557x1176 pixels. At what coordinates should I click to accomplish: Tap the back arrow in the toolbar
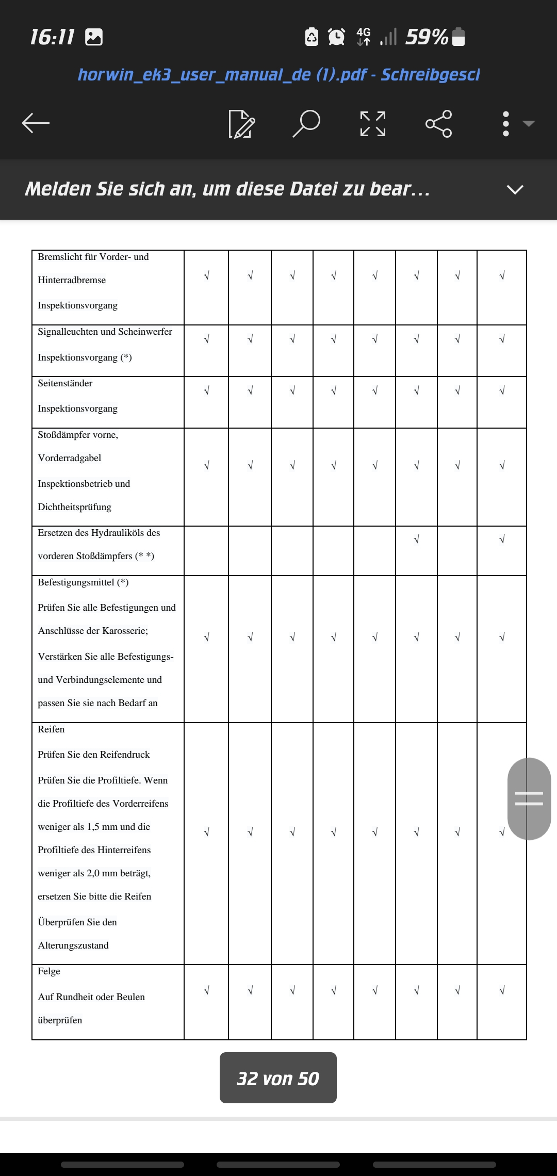click(36, 123)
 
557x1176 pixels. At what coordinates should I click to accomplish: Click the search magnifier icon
click(306, 123)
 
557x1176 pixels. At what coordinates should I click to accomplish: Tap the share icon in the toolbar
click(438, 123)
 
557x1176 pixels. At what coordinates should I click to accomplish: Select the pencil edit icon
click(241, 124)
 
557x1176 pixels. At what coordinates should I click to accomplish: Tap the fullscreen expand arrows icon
click(372, 123)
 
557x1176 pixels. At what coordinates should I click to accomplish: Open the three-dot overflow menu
click(506, 124)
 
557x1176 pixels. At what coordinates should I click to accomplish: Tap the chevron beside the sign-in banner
click(515, 189)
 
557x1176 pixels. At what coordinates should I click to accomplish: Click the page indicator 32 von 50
click(278, 1078)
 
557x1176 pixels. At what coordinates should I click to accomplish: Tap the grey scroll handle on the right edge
click(529, 798)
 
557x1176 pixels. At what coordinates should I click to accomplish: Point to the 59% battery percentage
click(427, 37)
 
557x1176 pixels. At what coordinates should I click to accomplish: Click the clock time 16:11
click(52, 37)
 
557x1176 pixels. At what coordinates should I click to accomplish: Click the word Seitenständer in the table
click(65, 383)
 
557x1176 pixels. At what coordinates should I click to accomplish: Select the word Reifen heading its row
click(51, 729)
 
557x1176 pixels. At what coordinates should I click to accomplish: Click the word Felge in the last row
click(49, 971)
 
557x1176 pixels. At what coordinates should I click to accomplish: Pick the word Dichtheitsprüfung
click(74, 507)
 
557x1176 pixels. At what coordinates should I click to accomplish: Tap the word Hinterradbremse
click(72, 280)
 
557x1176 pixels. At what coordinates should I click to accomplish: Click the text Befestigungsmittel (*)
click(83, 582)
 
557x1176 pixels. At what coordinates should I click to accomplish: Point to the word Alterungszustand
click(73, 945)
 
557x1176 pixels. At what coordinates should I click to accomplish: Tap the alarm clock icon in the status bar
click(337, 37)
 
